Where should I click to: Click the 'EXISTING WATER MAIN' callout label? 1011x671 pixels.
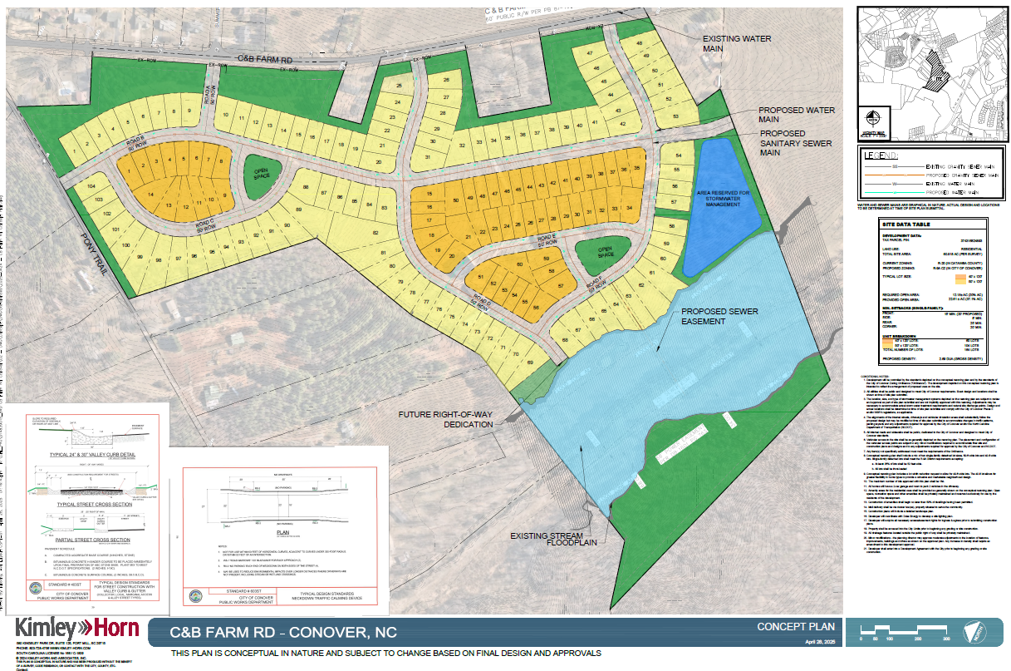[x=737, y=43]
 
